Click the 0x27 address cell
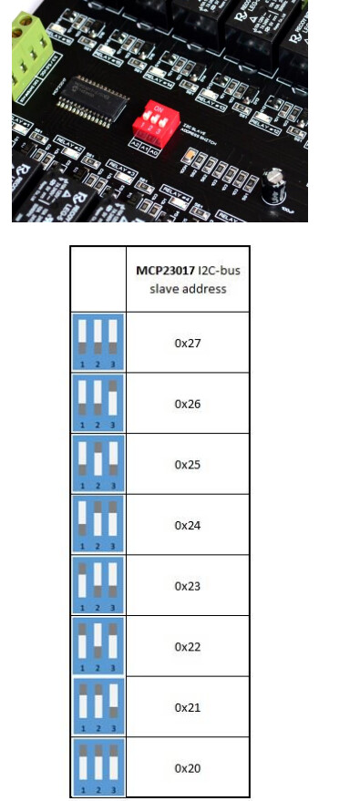[x=187, y=343]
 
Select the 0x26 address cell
[x=187, y=403]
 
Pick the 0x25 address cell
[x=187, y=464]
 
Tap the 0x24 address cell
[x=187, y=525]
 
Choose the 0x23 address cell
[x=187, y=585]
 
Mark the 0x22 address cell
[x=187, y=646]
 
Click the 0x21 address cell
[x=187, y=707]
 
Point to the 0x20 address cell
[x=187, y=768]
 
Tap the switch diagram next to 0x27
[x=98, y=343]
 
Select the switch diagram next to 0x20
[x=98, y=768]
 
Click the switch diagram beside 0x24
[x=98, y=525]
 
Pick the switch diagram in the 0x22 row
[x=98, y=646]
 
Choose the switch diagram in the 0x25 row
[x=98, y=464]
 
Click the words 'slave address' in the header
[x=187, y=289]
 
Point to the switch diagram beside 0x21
[x=98, y=707]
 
